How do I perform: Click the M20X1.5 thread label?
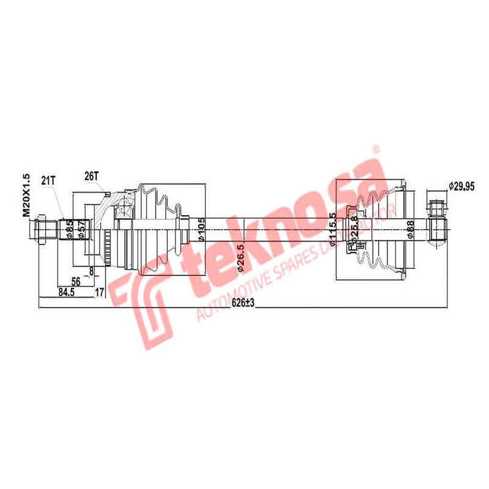point(26,195)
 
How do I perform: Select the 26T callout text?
point(91,175)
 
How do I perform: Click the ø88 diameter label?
point(410,230)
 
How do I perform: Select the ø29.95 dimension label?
point(461,186)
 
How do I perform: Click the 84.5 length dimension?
point(67,292)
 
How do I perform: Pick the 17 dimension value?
point(98,292)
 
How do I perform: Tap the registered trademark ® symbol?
point(377,148)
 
